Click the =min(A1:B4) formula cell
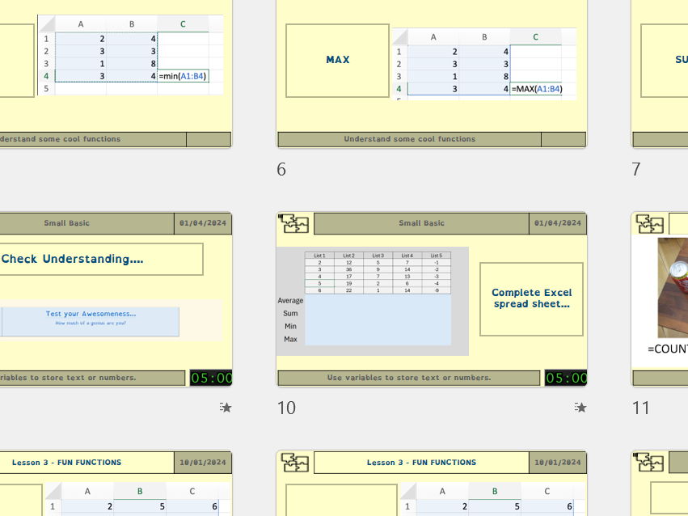click(x=183, y=76)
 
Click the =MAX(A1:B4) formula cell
click(x=536, y=89)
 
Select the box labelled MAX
click(x=338, y=60)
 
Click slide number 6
click(x=281, y=169)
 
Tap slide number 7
click(x=636, y=169)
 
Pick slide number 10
click(x=286, y=408)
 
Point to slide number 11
click(x=640, y=408)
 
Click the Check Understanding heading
click(x=73, y=259)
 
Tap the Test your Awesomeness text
click(x=91, y=314)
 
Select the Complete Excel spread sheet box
click(x=531, y=298)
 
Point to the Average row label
click(x=290, y=301)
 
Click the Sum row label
click(x=290, y=314)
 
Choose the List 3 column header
click(x=378, y=256)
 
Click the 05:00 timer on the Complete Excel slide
click(x=566, y=378)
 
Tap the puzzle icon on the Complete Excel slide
click(x=294, y=224)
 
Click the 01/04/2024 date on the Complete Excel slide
click(x=559, y=223)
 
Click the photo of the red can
click(x=673, y=287)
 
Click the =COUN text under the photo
click(x=668, y=349)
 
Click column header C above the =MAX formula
click(x=536, y=37)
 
